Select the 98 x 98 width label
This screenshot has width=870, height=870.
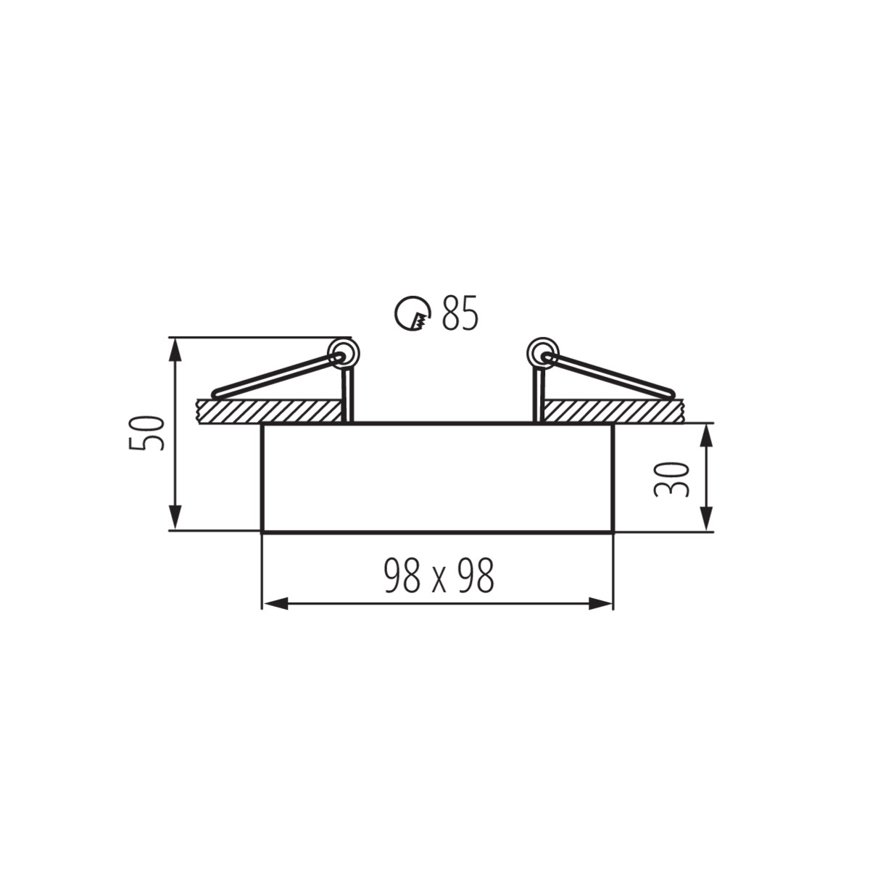pos(439,577)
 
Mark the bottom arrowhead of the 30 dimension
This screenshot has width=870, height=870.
pos(707,518)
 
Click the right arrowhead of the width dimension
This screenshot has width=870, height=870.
pos(600,604)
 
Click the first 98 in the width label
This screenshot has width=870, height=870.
pos(401,577)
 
